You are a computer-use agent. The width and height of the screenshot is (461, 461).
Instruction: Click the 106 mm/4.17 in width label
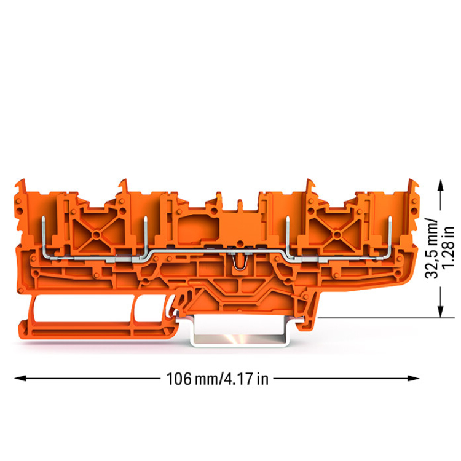pyautogui.click(x=217, y=379)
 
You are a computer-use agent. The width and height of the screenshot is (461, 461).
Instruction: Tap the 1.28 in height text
pyautogui.click(x=448, y=248)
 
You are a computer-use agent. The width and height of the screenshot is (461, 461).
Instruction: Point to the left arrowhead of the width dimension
pyautogui.click(x=20, y=378)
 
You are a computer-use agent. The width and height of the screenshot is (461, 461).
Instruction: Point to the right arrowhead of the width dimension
pyautogui.click(x=413, y=378)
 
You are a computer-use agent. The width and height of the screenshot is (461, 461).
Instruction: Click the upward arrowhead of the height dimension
pyautogui.click(x=440, y=186)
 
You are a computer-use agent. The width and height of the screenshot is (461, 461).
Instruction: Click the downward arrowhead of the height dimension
pyautogui.click(x=440, y=312)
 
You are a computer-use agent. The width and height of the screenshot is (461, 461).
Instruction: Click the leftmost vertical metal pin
pyautogui.click(x=43, y=235)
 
